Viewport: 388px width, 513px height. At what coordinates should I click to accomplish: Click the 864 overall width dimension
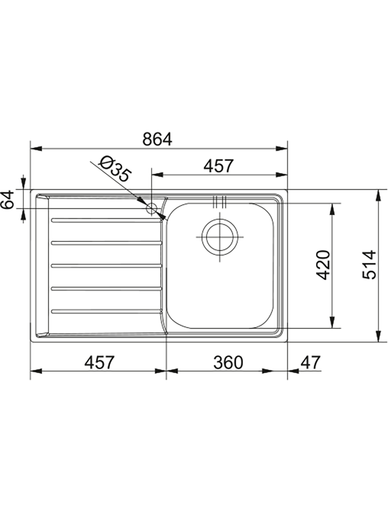(x=157, y=140)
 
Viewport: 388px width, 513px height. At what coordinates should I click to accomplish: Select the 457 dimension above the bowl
(x=219, y=166)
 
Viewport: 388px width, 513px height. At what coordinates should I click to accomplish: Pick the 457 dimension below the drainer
(x=99, y=362)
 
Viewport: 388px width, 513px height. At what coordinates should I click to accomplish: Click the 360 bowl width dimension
(x=228, y=362)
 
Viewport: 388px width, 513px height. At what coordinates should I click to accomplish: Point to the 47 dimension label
(x=310, y=362)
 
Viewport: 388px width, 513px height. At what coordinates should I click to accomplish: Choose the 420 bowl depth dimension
(x=323, y=265)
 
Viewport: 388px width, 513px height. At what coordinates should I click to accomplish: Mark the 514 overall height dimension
(x=370, y=265)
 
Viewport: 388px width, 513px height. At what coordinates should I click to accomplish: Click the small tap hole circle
(x=152, y=208)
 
